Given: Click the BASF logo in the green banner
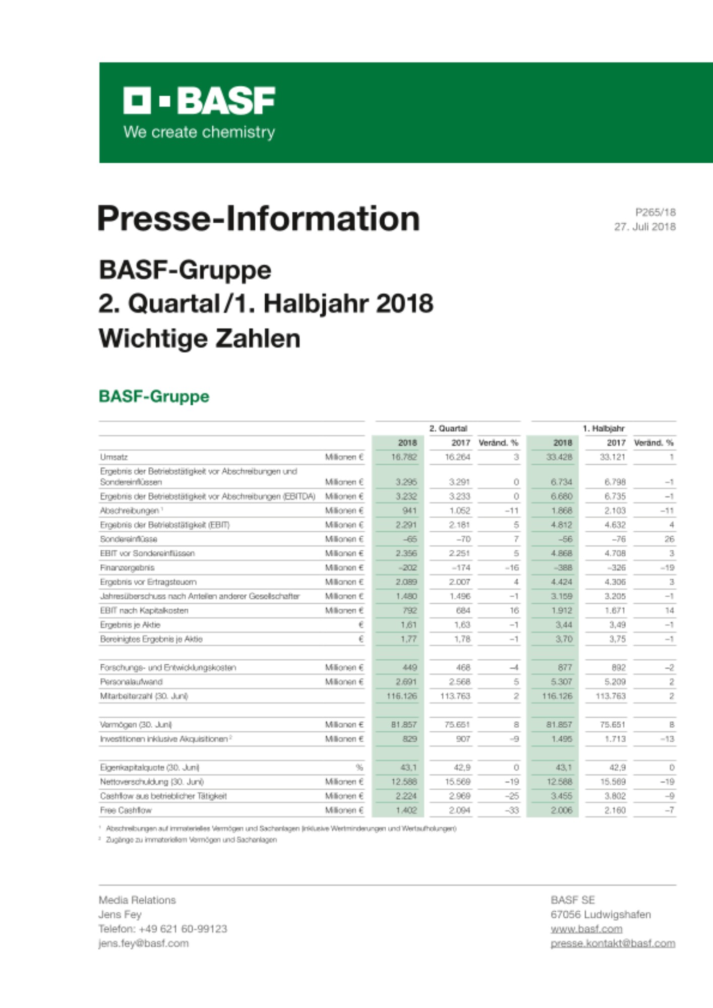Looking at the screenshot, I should click(x=199, y=100).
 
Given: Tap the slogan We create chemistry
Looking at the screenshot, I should click(x=199, y=133).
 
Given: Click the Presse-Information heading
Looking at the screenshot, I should click(x=259, y=219).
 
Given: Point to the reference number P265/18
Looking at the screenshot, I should click(x=655, y=212).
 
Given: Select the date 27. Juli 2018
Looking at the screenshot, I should click(x=644, y=227).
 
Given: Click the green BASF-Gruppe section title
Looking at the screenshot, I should click(x=154, y=396).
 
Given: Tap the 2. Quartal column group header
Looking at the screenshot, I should click(x=448, y=428).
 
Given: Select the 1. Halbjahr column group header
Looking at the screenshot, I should click(x=603, y=428).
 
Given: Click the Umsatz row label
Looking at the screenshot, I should click(x=114, y=457).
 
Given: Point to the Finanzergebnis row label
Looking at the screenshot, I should click(x=127, y=568).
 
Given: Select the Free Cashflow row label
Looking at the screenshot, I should click(x=126, y=810).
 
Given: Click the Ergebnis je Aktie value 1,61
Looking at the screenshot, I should click(x=408, y=625).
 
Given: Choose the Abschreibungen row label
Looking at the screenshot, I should click(x=130, y=511).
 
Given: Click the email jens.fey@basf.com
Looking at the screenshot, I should click(x=143, y=943).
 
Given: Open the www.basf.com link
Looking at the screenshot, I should click(x=586, y=929).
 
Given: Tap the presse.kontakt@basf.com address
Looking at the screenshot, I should click(x=613, y=943).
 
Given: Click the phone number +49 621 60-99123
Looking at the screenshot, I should click(x=183, y=929).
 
